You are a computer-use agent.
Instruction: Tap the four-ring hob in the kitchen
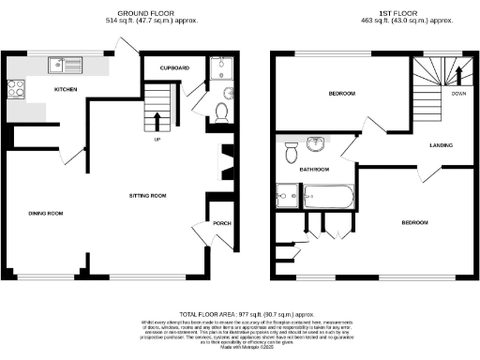pos(17,89)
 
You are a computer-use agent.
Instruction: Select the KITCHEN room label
pos(65,90)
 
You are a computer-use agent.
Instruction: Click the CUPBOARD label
pos(174,67)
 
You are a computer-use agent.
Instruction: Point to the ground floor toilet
pos(222,112)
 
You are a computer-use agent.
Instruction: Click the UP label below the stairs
pos(156,141)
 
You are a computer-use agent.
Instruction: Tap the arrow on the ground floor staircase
pos(156,119)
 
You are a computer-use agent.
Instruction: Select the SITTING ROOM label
pos(147,196)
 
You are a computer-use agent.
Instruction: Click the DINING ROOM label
pos(46,214)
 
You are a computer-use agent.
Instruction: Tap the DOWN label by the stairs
pos(458,94)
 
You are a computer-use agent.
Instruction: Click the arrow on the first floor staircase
pos(458,74)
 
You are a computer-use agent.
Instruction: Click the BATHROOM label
pos(314,170)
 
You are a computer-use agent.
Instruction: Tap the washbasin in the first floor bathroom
pos(317,143)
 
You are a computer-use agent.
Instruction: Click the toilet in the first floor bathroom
pos(291,149)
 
